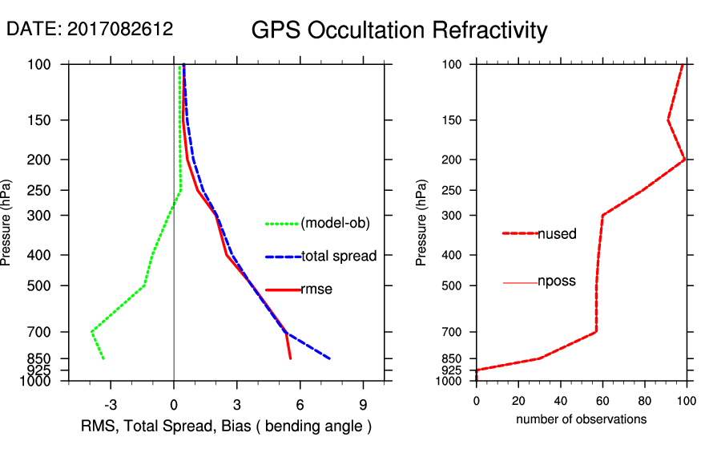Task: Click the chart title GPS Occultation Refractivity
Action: pyautogui.click(x=399, y=30)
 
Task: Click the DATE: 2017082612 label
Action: pyautogui.click(x=90, y=29)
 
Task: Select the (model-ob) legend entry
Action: pyautogui.click(x=335, y=224)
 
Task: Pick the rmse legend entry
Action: pyautogui.click(x=316, y=289)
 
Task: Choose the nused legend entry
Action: pyautogui.click(x=557, y=233)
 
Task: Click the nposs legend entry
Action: pyautogui.click(x=557, y=281)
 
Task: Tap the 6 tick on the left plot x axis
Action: pyautogui.click(x=300, y=403)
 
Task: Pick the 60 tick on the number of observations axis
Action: pyautogui.click(x=602, y=402)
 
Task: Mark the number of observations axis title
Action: pyautogui.click(x=581, y=419)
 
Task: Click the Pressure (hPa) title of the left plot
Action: pyautogui.click(x=7, y=222)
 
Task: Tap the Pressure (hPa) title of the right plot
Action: pyautogui.click(x=422, y=222)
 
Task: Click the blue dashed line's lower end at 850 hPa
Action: pyautogui.click(x=329, y=358)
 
